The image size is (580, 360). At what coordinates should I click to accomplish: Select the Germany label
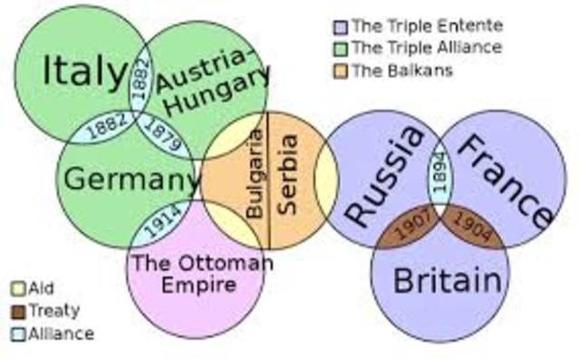(x=130, y=179)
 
